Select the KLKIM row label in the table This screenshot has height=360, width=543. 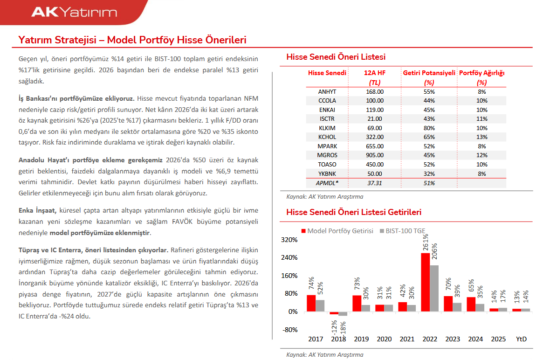(327, 128)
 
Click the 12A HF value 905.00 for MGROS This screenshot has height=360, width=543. (375, 155)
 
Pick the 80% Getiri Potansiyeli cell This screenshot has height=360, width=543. (429, 128)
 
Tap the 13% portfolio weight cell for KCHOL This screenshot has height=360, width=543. (481, 137)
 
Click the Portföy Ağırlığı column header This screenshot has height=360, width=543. (481, 73)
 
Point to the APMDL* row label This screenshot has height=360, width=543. (327, 183)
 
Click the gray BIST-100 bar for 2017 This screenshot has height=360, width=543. (320, 305)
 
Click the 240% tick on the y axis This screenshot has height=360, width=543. (289, 257)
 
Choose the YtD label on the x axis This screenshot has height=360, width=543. (521, 339)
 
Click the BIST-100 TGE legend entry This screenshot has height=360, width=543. (406, 231)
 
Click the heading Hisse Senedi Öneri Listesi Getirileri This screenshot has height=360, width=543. (354, 212)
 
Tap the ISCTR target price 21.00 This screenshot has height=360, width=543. (375, 118)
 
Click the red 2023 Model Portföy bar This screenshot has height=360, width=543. (448, 303)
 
